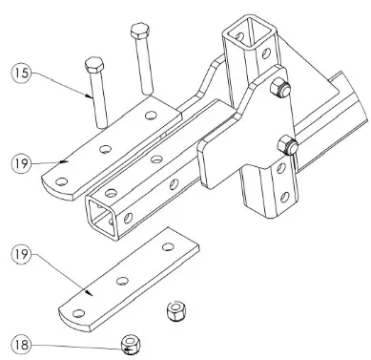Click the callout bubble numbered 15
(21, 73)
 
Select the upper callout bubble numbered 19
(21, 163)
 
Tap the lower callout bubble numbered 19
(21, 256)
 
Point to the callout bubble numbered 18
(21, 342)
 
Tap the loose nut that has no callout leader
(175, 311)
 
